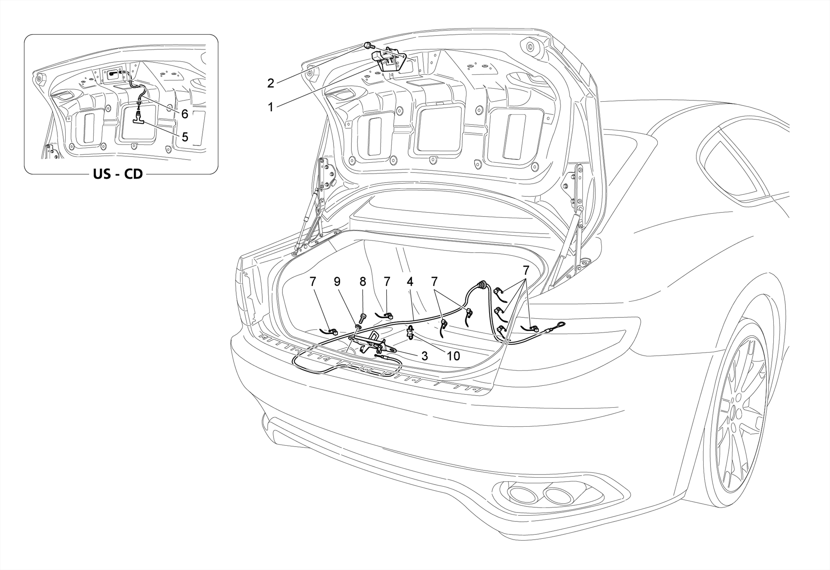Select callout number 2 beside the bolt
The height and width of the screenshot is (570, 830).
(270, 83)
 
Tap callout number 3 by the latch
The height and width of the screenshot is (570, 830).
(424, 356)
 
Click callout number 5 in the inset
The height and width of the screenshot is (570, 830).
(185, 137)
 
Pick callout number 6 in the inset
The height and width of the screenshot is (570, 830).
(185, 114)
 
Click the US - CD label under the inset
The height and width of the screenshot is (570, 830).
(118, 174)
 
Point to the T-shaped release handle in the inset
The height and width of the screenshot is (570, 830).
(138, 117)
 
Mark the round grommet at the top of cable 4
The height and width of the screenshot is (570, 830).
(481, 284)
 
